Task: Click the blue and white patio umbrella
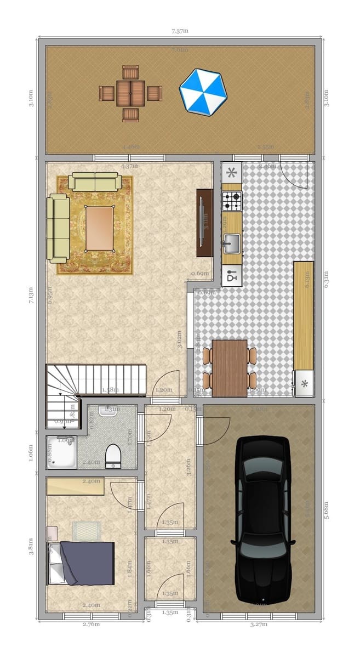point(203,92)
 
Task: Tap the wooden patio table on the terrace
point(130,93)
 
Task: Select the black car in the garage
point(262,518)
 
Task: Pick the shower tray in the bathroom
point(61,452)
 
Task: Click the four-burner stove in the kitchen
point(231,201)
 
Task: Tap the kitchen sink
point(231,242)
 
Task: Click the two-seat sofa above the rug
point(95,182)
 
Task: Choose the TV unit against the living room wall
point(204,223)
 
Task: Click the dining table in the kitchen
point(229,367)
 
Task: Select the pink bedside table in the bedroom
point(52,533)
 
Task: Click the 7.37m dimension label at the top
point(180,31)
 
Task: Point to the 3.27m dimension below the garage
point(259,624)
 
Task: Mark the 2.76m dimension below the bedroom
point(91,624)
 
